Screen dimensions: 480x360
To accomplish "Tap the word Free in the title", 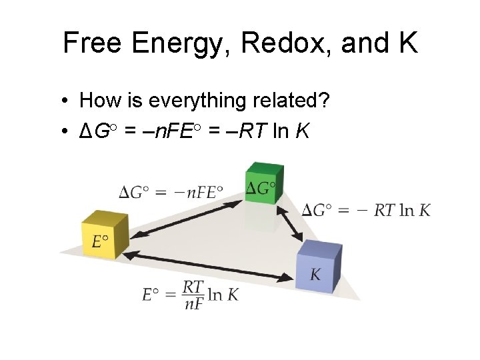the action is pyautogui.click(x=93, y=43).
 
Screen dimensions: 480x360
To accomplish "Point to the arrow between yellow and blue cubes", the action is pyautogui.click(x=210, y=265).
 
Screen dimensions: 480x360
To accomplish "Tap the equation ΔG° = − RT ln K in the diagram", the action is pyautogui.click(x=366, y=211).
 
